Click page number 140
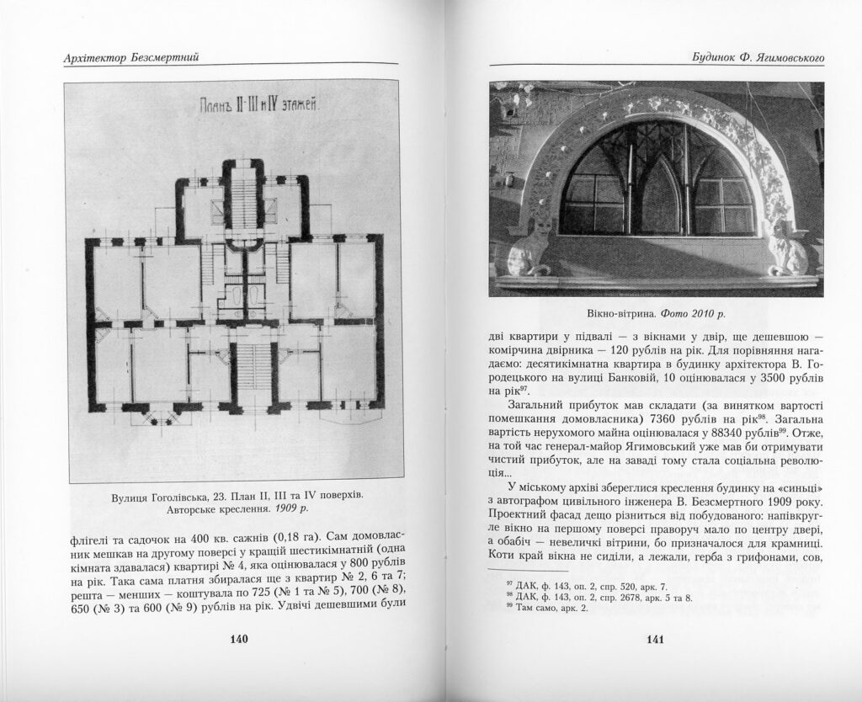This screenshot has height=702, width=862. pos(238,640)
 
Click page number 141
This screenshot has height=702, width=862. pos(656,640)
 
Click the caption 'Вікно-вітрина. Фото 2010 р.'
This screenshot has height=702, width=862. pos(654,313)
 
